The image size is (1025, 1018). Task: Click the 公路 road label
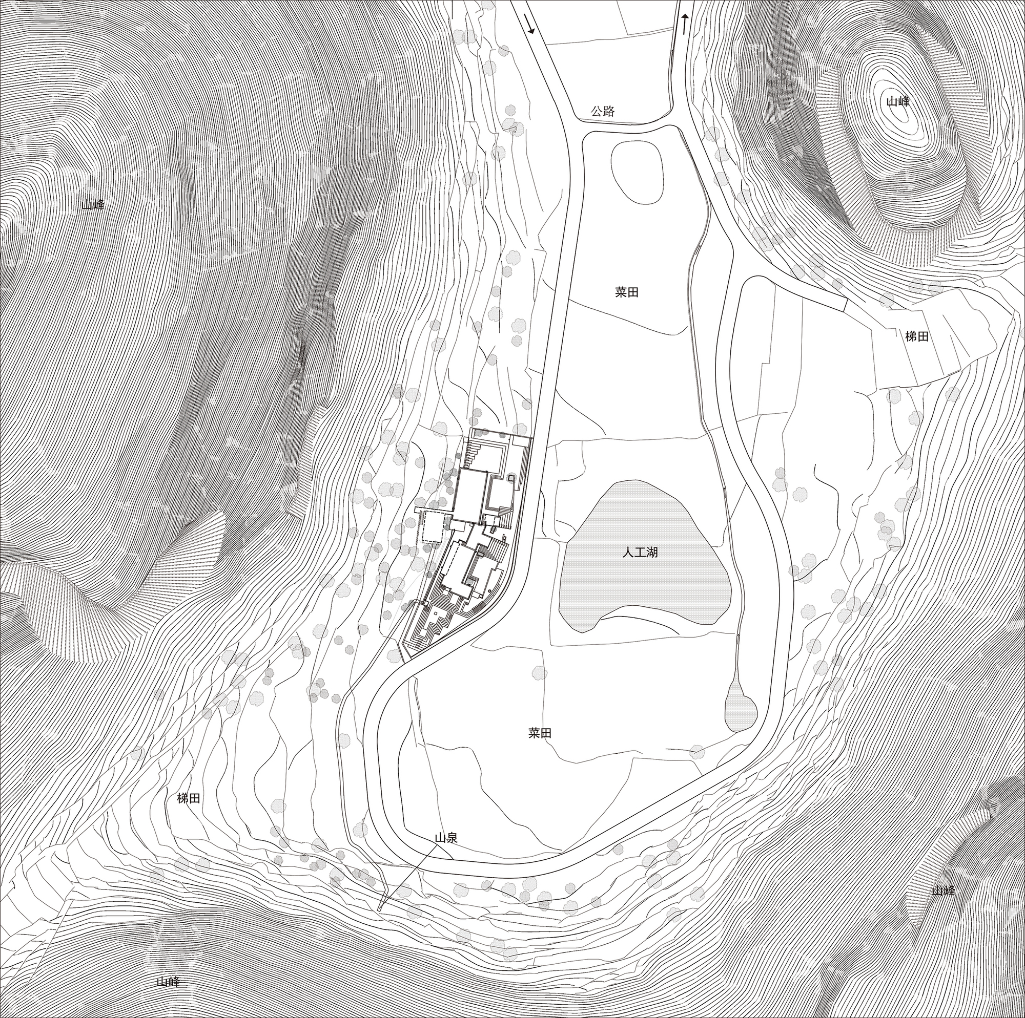603,111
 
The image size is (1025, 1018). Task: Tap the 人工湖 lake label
640,552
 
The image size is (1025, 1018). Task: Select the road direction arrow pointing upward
685,24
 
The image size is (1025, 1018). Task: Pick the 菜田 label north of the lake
627,293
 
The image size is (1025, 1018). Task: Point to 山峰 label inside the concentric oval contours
896,101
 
